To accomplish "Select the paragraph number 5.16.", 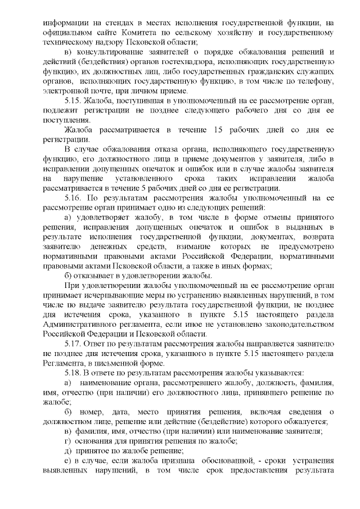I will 75,198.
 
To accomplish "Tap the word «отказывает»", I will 100,276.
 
